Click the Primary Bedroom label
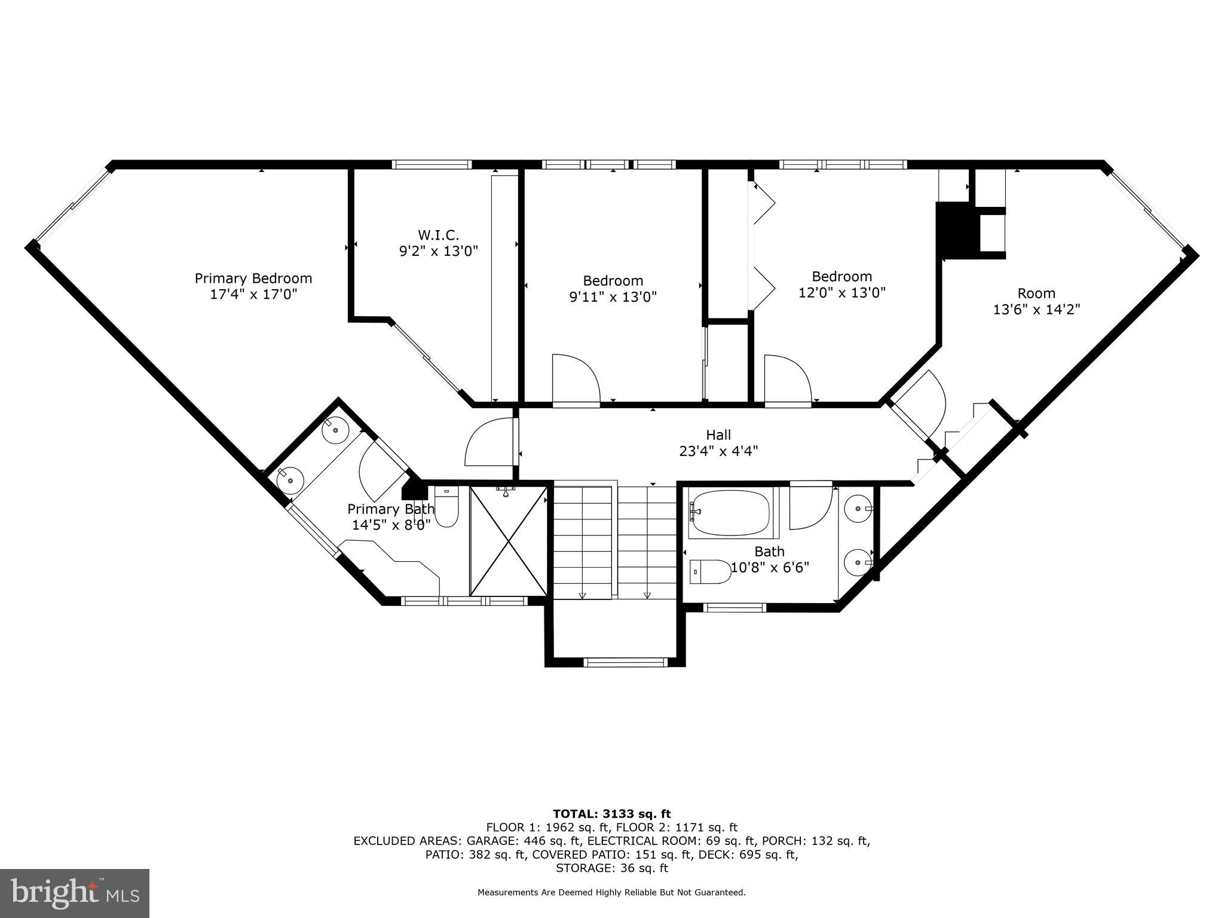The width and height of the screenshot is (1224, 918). point(253,279)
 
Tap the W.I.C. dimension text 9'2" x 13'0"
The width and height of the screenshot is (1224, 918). point(439,251)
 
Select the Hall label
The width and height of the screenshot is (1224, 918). point(718,435)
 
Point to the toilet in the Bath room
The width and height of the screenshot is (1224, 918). point(710,572)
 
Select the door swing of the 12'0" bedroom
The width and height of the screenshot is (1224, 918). point(787,380)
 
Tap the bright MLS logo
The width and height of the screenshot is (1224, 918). point(75,893)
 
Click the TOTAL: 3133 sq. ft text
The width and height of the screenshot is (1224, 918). point(611,814)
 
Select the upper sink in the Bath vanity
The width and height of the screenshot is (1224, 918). point(859,509)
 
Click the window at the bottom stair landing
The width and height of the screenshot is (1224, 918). point(625,662)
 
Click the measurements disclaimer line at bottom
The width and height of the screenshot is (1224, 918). point(611,893)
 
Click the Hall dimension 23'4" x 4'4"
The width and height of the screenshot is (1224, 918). point(718,451)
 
